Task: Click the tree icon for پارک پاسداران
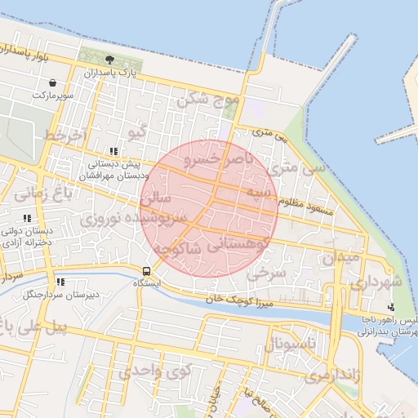pyautogui.click(x=110, y=60)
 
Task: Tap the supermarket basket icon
pyautogui.click(x=53, y=83)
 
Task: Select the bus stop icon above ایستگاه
pyautogui.click(x=146, y=270)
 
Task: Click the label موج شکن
pyautogui.click(x=209, y=101)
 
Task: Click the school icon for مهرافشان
pyautogui.click(x=113, y=151)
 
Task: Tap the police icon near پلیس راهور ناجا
pyautogui.click(x=392, y=307)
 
